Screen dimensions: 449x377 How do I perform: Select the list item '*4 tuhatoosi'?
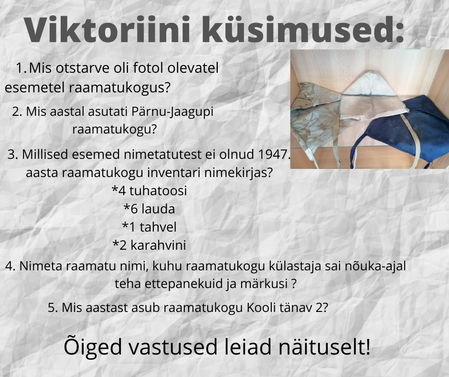coord(149,191)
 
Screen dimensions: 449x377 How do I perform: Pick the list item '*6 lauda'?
coord(149,209)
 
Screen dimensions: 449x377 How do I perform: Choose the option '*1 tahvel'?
coord(149,227)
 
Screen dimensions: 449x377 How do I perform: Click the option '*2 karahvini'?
coord(149,245)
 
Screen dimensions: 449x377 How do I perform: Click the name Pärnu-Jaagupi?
coord(172,112)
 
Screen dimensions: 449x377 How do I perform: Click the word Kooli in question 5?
coord(260,308)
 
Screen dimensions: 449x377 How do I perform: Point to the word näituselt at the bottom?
coord(324,347)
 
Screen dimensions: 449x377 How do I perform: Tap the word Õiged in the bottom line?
coord(94,347)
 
